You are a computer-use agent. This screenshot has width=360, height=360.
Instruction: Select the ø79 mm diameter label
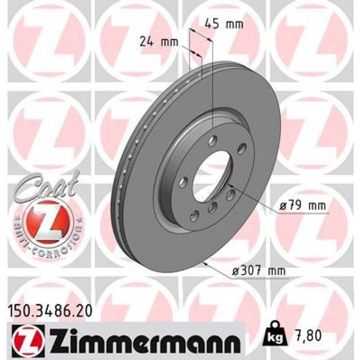(x=302, y=206)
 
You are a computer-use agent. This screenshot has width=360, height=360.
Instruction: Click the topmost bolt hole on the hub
(x=213, y=139)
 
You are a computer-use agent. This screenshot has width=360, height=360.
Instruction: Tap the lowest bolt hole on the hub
(x=195, y=216)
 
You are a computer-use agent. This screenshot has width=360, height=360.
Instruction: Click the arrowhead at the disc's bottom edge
(x=205, y=264)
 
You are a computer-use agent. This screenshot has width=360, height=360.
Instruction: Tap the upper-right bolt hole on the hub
(x=242, y=148)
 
